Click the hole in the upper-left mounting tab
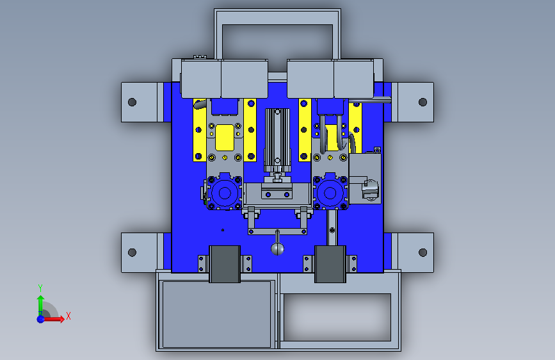(x=132, y=102)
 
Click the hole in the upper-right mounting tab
(x=422, y=102)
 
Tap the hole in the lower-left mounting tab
(x=132, y=252)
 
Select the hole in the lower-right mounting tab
(x=422, y=252)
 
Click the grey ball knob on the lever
(x=278, y=249)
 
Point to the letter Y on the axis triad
(x=40, y=288)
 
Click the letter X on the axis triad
(x=68, y=316)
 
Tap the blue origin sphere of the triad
(x=41, y=319)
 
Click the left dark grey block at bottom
(x=225, y=264)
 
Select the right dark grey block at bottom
(x=330, y=264)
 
